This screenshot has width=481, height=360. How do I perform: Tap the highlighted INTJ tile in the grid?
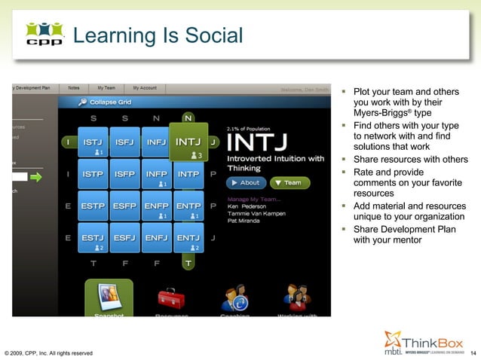pos(188,142)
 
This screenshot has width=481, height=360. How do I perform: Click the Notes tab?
pos(74,88)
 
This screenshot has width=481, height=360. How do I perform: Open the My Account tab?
pos(145,88)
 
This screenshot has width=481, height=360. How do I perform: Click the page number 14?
pos(473,352)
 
